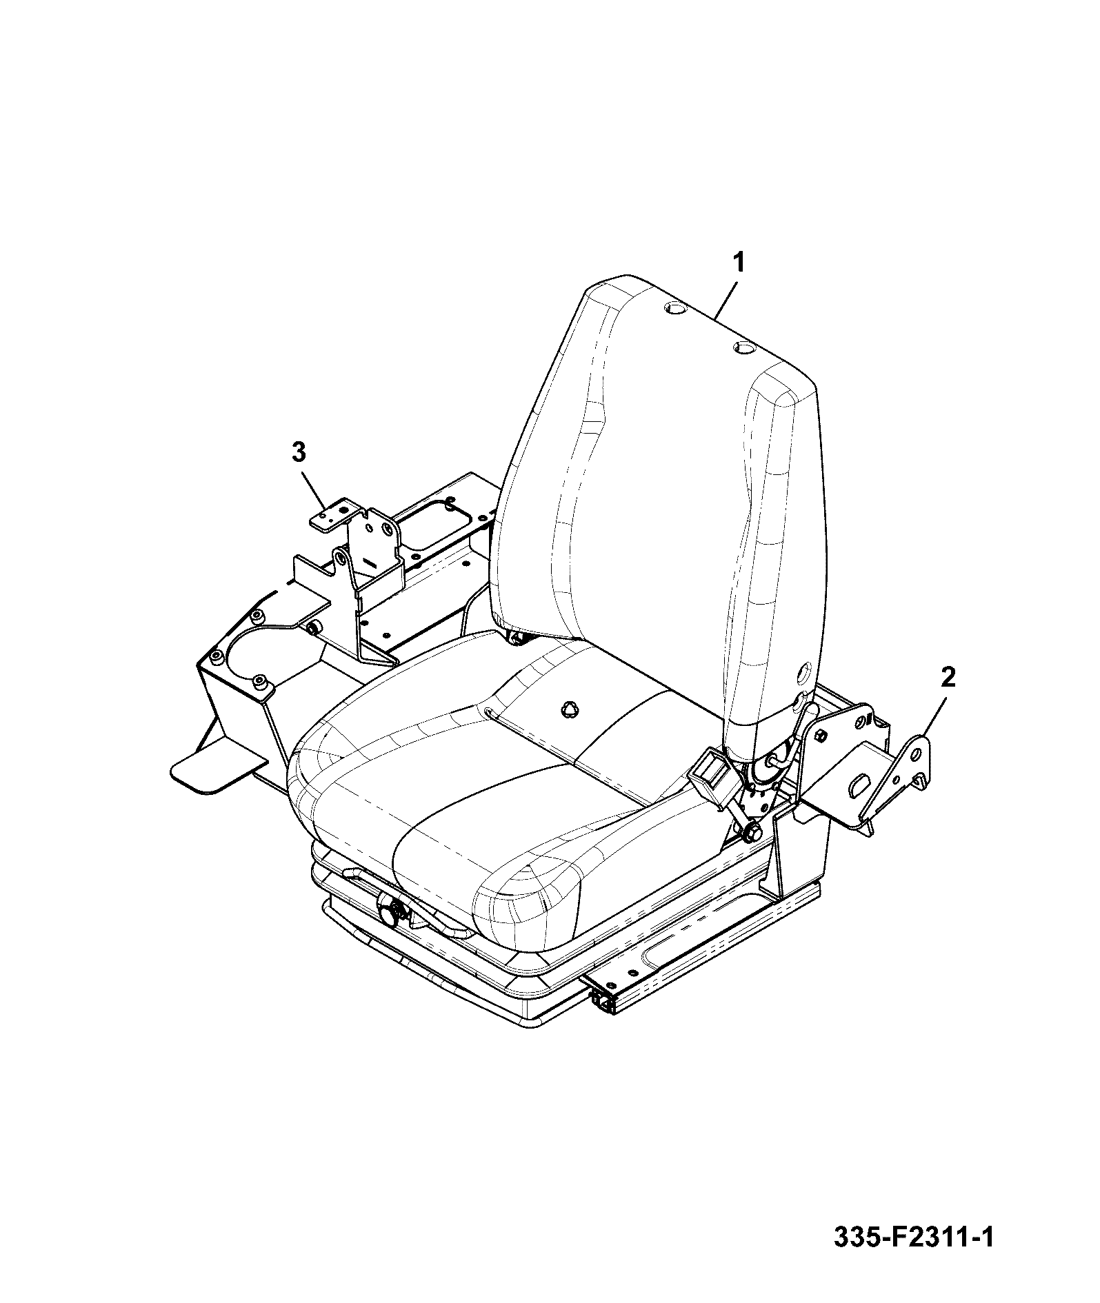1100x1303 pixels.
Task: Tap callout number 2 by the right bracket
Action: click(948, 678)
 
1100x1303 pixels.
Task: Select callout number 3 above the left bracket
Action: click(298, 453)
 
